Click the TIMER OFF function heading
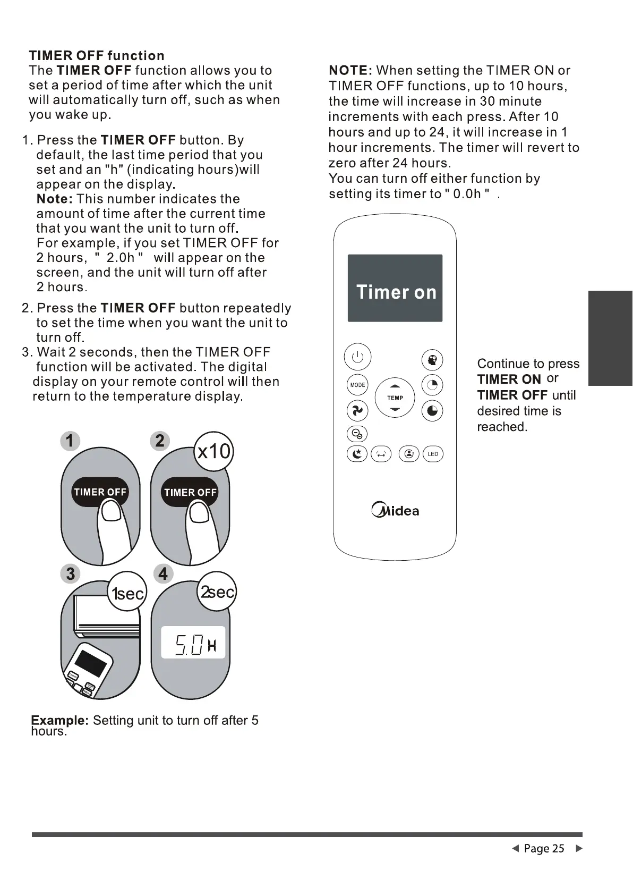(x=97, y=56)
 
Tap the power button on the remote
(x=357, y=357)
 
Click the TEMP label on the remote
(x=395, y=398)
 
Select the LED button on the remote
(x=433, y=454)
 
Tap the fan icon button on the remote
(x=357, y=411)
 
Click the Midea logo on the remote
(x=395, y=511)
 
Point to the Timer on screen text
(x=396, y=292)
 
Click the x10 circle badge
(x=213, y=451)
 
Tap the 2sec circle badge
(x=217, y=592)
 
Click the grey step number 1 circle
(x=70, y=441)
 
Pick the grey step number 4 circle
(x=162, y=574)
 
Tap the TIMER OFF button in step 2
(x=190, y=493)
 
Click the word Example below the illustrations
(x=59, y=720)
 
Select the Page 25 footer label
(x=544, y=848)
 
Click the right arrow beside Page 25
(x=579, y=848)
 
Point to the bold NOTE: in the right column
(x=350, y=71)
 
